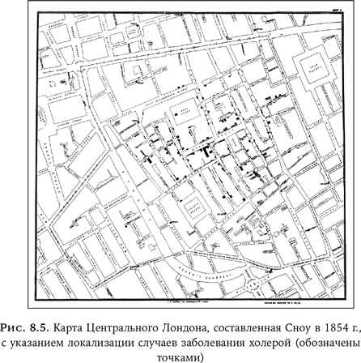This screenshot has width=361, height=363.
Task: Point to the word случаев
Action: click(x=168, y=344)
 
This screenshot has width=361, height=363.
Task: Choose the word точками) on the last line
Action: click(x=180, y=357)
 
